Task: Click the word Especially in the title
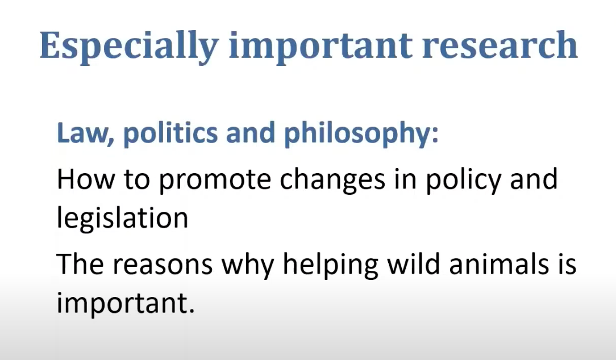tap(129, 47)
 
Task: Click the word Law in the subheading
tap(82, 133)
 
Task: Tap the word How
tap(86, 179)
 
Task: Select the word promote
tap(215, 181)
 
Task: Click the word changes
tap(332, 181)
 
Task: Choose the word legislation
tap(123, 217)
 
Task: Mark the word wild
tap(413, 263)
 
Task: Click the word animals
tap(498, 263)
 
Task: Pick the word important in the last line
tap(122, 303)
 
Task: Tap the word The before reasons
tap(81, 263)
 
